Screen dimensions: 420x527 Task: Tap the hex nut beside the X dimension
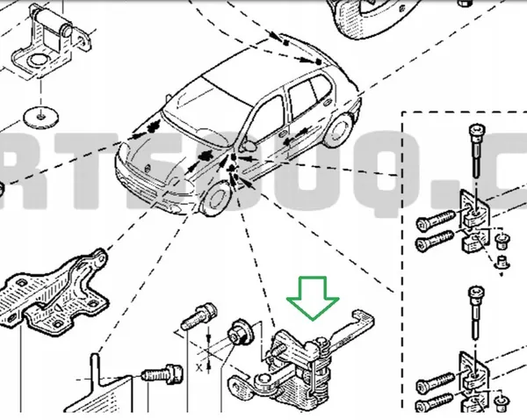(x=237, y=334)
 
